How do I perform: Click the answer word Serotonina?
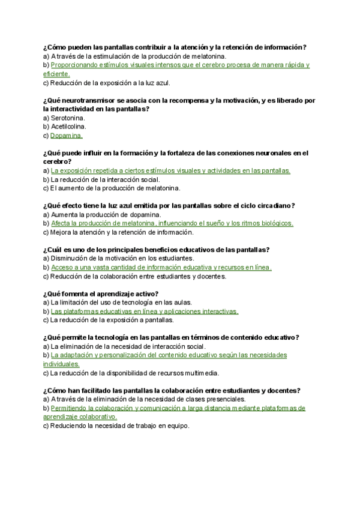point(68,118)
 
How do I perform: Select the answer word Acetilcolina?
point(68,127)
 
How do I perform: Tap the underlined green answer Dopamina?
point(67,136)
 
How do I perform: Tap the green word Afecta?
point(62,223)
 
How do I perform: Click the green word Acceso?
point(63,267)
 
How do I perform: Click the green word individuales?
point(61,364)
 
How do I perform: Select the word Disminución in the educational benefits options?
point(73,259)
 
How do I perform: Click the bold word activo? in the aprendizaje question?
point(144,294)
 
